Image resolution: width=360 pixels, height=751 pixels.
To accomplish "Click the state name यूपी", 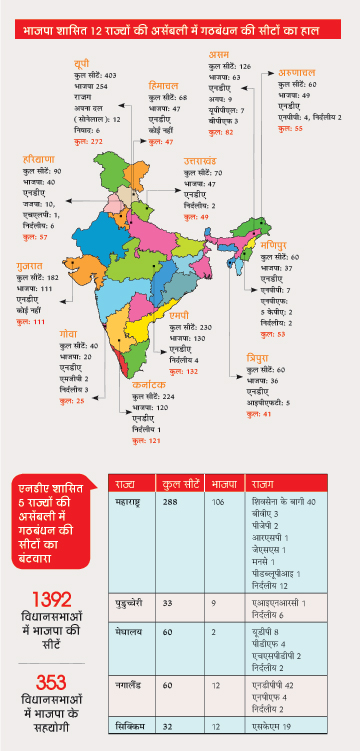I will (82, 64).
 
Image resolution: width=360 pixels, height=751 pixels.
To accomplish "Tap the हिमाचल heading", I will (163, 86).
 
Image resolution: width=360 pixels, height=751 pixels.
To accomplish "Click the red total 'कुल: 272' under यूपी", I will (90, 141).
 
